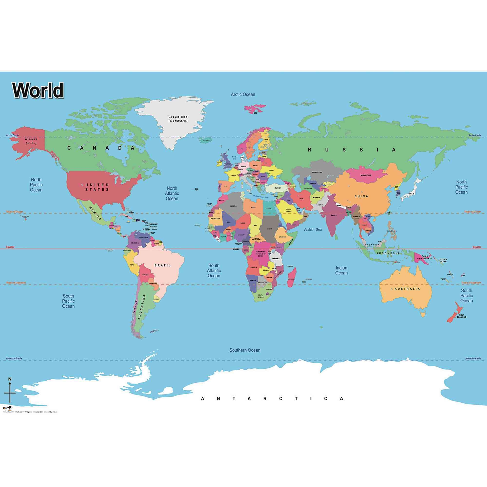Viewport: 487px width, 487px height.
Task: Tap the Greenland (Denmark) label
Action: [x=178, y=119]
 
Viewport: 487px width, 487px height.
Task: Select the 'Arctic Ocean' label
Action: [x=243, y=94]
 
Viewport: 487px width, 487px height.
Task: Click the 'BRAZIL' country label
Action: [x=163, y=265]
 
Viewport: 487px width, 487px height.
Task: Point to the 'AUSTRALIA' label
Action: [x=407, y=289]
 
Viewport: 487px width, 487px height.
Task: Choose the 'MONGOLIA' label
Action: [x=366, y=175]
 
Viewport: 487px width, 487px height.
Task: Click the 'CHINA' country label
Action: [x=361, y=196]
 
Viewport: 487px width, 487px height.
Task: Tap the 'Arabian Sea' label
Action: [x=313, y=230]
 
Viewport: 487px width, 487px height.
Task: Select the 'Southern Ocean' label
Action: [x=244, y=350]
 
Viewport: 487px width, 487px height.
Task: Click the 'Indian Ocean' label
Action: [x=341, y=270]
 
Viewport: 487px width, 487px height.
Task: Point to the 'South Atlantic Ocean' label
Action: [x=214, y=271]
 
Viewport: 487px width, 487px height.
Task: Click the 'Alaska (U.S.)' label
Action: [x=31, y=141]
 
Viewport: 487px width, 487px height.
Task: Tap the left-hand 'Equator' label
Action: [x=10, y=247]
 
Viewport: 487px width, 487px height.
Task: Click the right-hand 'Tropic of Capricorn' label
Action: [x=471, y=283]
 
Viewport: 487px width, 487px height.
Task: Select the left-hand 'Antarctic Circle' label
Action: [x=14, y=358]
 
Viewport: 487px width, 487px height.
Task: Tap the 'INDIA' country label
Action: [x=334, y=215]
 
